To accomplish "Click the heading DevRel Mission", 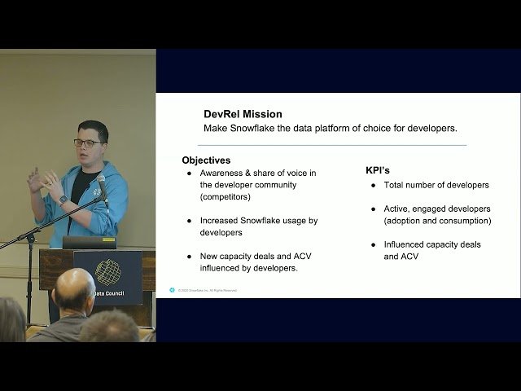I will [243, 114].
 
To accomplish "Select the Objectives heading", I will [206, 160].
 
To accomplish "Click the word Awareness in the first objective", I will [224, 174].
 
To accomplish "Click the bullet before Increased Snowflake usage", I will [190, 220].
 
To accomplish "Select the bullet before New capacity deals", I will [190, 256].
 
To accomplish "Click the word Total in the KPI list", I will [396, 185].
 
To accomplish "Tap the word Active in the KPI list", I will [399, 209].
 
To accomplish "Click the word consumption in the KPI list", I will [464, 221].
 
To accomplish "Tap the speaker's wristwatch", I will [63, 200].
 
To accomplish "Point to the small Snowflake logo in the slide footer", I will [173, 290].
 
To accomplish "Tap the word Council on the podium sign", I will [115, 293].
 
